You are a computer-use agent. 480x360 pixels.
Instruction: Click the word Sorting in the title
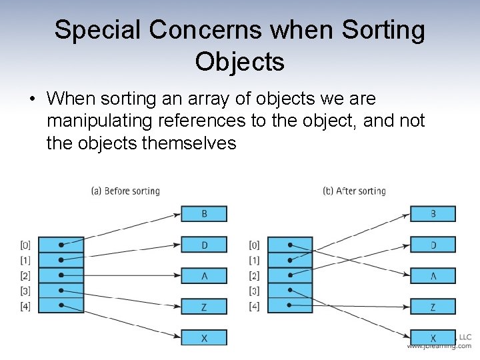coord(383,30)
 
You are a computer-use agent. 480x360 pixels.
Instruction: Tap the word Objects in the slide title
coord(240,62)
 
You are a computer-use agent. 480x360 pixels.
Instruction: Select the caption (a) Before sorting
coord(125,191)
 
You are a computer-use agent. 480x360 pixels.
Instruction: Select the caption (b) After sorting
coord(354,191)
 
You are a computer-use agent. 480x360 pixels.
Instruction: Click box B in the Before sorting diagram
coord(204,214)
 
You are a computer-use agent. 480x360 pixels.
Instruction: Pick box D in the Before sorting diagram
coord(204,245)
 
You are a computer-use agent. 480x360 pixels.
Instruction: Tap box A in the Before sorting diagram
coord(204,275)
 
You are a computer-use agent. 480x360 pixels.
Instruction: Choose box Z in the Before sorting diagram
coord(204,306)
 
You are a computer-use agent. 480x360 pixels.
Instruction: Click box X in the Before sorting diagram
coord(204,337)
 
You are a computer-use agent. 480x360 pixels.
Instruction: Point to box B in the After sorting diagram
coord(433,214)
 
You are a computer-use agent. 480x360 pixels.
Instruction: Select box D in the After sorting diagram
coord(433,245)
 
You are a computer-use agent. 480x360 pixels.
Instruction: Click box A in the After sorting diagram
coord(433,275)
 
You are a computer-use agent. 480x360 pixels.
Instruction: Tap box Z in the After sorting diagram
coord(433,306)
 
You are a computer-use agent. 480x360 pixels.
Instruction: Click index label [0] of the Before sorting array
coord(25,245)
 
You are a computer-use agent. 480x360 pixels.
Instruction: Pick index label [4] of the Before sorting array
coord(25,306)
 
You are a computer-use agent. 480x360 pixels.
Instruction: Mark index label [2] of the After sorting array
coord(254,275)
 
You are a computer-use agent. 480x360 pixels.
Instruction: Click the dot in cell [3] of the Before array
coord(61,291)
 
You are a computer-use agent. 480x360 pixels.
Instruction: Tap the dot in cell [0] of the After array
coord(290,245)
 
